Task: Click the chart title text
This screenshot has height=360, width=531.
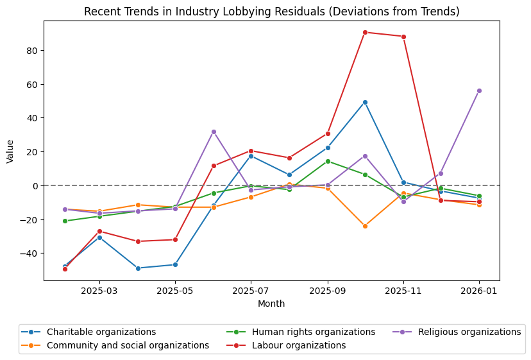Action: tap(272, 12)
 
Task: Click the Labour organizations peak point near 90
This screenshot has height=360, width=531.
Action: tap(365, 32)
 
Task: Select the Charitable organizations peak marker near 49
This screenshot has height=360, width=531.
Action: tap(365, 102)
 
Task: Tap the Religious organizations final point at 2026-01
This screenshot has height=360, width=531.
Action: tap(479, 90)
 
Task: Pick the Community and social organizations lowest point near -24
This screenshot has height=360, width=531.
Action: tap(365, 226)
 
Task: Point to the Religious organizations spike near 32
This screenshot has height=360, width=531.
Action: tap(214, 132)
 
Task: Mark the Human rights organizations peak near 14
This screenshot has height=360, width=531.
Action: tap(328, 161)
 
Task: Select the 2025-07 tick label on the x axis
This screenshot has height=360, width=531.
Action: tap(251, 291)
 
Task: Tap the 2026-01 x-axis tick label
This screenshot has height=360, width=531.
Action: tap(479, 291)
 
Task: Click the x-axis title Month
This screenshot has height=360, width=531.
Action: tap(271, 304)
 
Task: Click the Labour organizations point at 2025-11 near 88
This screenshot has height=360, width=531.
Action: tap(403, 37)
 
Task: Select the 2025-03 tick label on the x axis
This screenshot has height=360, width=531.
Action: tap(99, 291)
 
